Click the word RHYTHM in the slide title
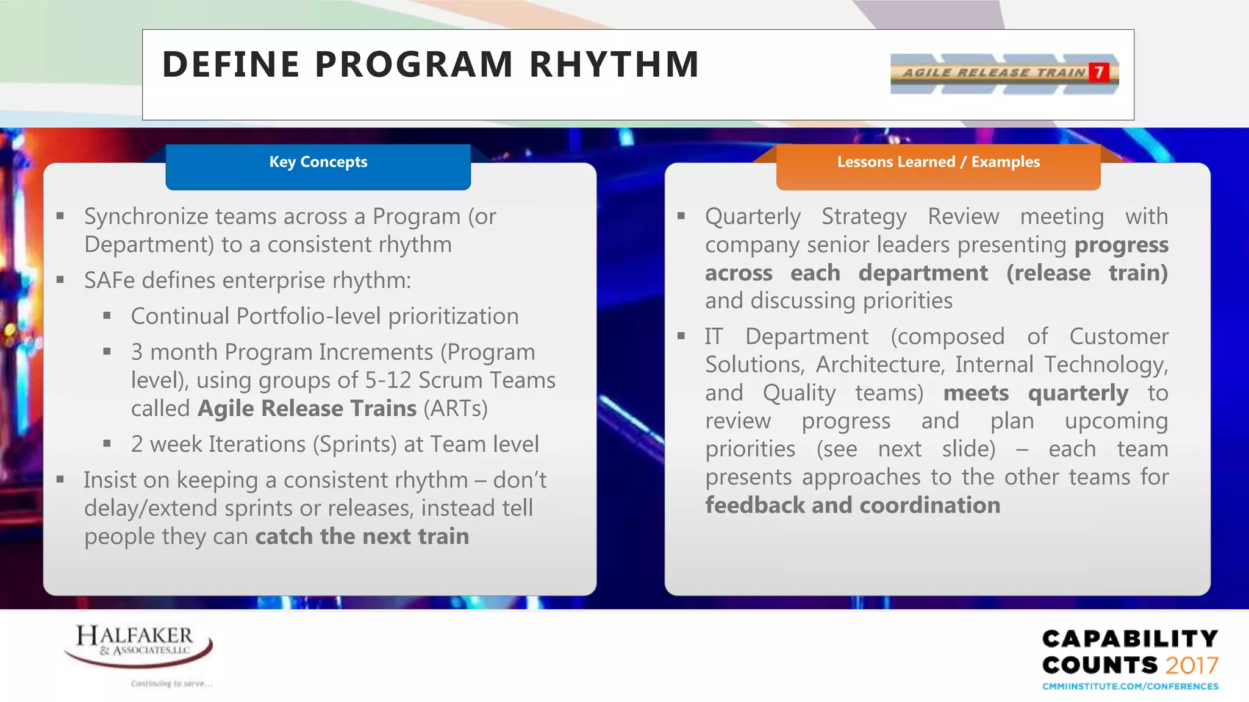coord(614,65)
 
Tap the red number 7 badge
coord(1098,73)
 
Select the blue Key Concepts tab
coord(318,162)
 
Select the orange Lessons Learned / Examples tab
coord(938,162)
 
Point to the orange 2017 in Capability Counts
coord(1192,665)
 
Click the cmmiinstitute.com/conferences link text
coord(1129,687)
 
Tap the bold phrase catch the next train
coord(362,537)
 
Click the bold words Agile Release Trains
coord(307,409)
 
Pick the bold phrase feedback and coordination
coord(853,506)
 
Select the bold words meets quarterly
coord(1036,393)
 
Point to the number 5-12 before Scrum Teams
coord(388,381)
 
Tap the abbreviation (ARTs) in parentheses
coord(455,409)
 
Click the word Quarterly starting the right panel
coord(753,217)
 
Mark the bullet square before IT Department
coord(681,336)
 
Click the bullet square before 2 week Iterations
coord(107,444)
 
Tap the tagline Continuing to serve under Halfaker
coord(171,684)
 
